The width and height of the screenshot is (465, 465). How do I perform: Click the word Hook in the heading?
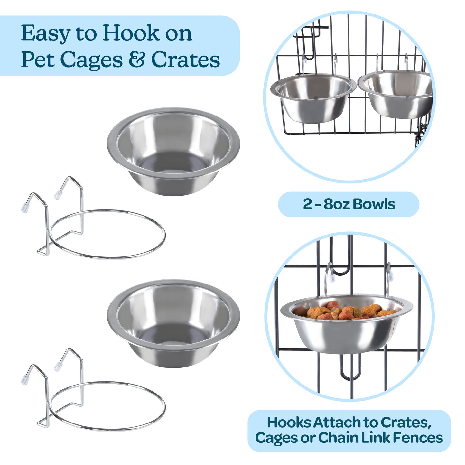coord(131,33)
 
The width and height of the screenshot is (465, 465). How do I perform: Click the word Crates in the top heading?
coord(185,60)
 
